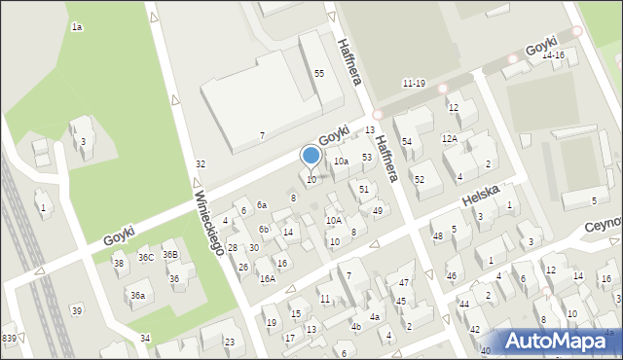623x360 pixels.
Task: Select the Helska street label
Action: (480, 198)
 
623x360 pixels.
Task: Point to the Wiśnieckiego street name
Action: (210, 223)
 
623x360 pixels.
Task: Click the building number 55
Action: (318, 74)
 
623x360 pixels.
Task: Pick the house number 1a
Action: (76, 27)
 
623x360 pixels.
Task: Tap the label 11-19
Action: (414, 84)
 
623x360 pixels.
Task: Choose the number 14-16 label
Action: (553, 55)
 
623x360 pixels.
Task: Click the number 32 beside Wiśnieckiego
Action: (201, 164)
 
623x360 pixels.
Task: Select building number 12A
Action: (450, 139)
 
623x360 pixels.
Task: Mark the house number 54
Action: (407, 142)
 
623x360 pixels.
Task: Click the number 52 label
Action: (420, 180)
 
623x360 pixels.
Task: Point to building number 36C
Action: (146, 258)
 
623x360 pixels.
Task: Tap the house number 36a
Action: (138, 296)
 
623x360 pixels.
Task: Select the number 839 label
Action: (9, 338)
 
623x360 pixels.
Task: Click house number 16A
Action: (267, 279)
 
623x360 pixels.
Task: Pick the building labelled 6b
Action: (264, 230)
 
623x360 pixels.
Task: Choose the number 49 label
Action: (378, 211)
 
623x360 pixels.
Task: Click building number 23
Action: (230, 342)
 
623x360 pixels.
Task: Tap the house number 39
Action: (77, 310)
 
